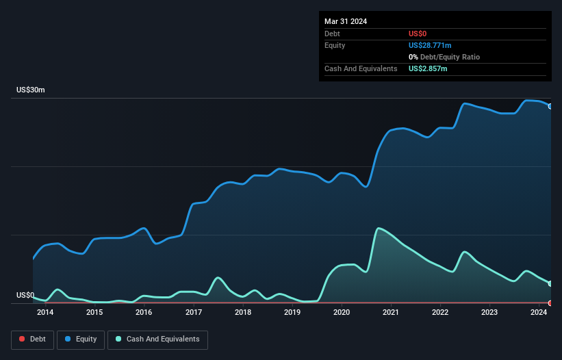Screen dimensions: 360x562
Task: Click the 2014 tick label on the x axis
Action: click(x=45, y=313)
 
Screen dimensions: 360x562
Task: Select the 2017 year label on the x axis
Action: click(x=193, y=313)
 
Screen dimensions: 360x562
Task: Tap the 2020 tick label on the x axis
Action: click(x=342, y=313)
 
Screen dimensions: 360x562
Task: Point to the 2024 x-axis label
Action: click(x=539, y=313)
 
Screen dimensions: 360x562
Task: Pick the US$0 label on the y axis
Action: click(x=25, y=296)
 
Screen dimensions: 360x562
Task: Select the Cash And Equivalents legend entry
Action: click(x=157, y=339)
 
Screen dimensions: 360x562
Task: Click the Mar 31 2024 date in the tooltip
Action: click(x=346, y=21)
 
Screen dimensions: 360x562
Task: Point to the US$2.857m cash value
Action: click(x=428, y=68)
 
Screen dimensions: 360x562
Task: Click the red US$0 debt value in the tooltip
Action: click(x=418, y=34)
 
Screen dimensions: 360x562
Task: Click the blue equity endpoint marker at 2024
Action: click(x=550, y=106)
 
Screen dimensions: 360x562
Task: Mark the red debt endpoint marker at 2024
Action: click(x=550, y=303)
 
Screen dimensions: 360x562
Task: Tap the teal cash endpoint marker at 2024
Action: click(x=550, y=283)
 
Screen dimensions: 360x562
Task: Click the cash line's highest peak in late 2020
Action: click(x=378, y=228)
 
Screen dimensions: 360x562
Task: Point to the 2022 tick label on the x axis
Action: click(x=440, y=313)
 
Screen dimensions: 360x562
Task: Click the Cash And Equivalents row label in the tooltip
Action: click(x=361, y=68)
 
